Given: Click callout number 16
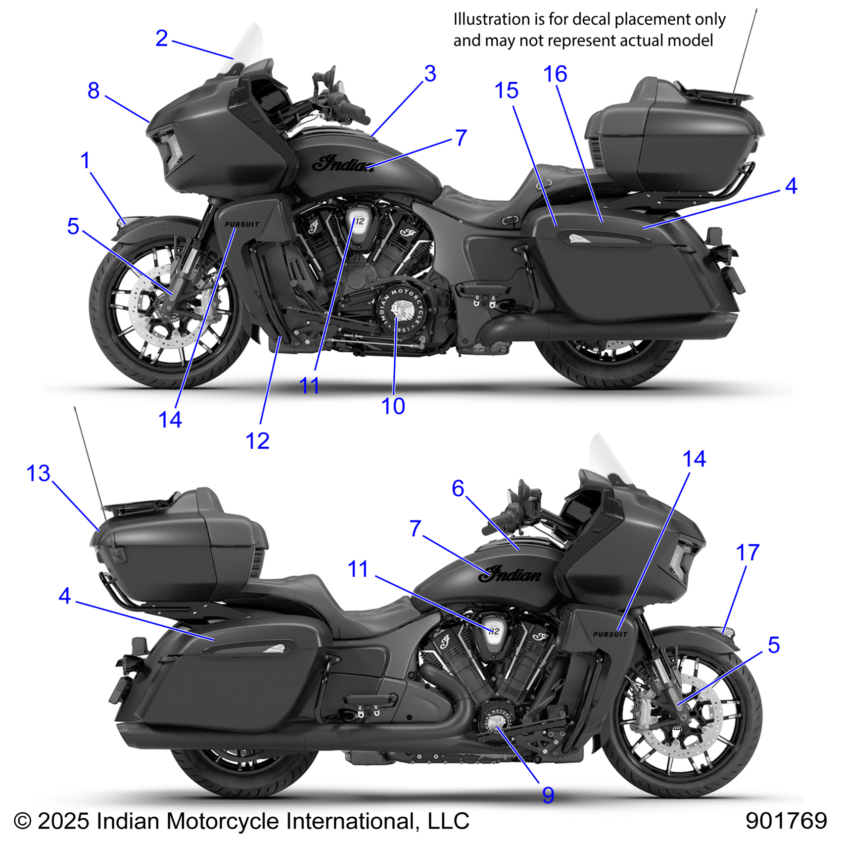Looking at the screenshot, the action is click(x=555, y=75).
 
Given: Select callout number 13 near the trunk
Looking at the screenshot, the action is click(x=39, y=474).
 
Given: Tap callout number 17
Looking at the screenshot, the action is click(x=747, y=553).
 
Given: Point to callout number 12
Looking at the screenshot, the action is click(x=257, y=441).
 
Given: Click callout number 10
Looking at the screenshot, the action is click(x=393, y=406).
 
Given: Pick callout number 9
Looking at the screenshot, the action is click(x=548, y=795).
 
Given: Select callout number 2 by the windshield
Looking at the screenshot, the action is click(x=161, y=39).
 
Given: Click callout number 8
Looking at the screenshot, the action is click(x=93, y=91).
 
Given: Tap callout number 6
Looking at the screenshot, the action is click(x=458, y=489).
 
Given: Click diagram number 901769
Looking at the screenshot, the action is click(x=786, y=821).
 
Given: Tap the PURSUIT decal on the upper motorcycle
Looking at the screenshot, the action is click(x=242, y=224).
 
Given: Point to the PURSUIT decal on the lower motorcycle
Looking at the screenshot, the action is click(x=610, y=634).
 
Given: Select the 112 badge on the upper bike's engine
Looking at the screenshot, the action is click(x=359, y=221).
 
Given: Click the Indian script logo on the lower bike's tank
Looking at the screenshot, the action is click(x=511, y=575).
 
